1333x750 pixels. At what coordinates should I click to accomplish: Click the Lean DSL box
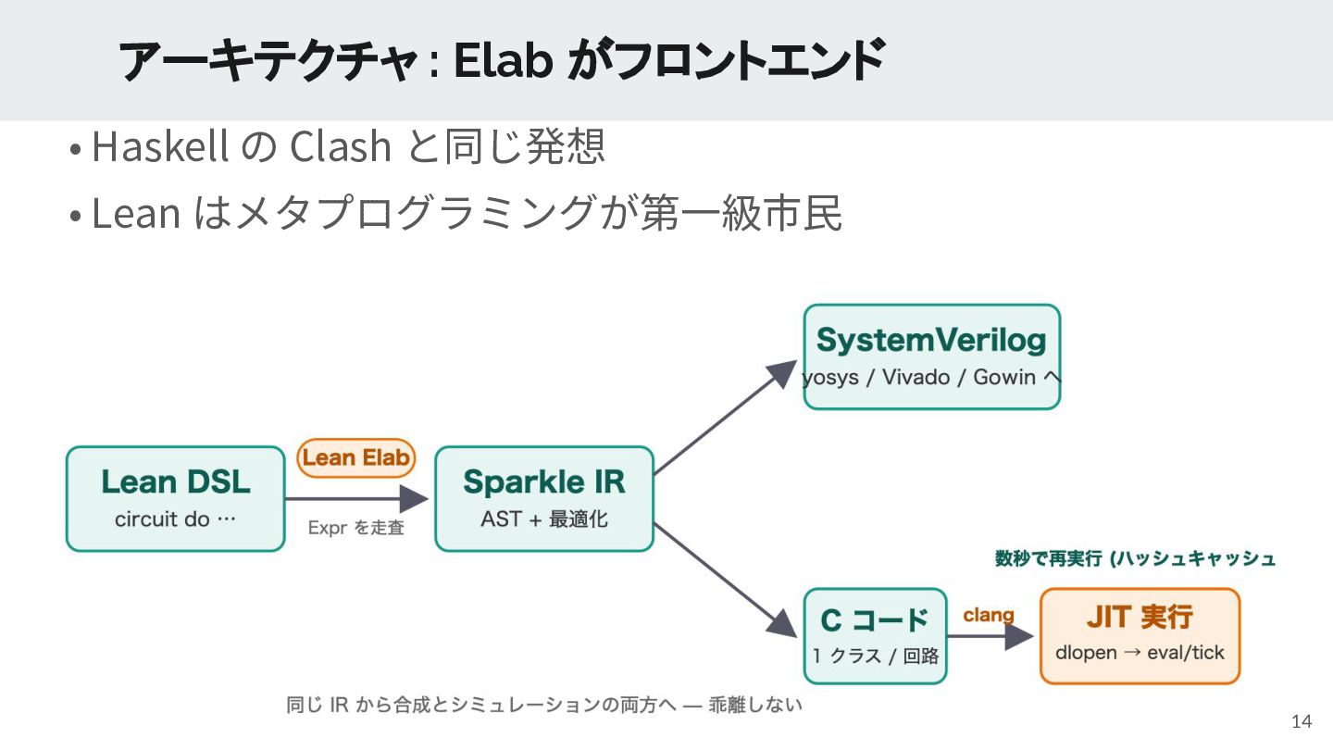pyautogui.click(x=176, y=499)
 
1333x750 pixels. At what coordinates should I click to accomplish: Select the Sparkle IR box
pyautogui.click(x=544, y=499)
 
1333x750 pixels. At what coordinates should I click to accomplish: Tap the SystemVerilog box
pyautogui.click(x=932, y=356)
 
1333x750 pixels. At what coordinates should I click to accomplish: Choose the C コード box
pyautogui.click(x=875, y=636)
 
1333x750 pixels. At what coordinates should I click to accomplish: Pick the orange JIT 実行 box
pyautogui.click(x=1140, y=636)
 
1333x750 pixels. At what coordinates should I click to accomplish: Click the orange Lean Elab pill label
pyautogui.click(x=355, y=457)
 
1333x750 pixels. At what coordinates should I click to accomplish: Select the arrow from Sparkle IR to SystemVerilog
pyautogui.click(x=726, y=417)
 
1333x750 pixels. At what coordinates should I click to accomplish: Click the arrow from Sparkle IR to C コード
pyautogui.click(x=726, y=581)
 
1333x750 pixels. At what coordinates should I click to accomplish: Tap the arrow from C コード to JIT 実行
pyautogui.click(x=990, y=636)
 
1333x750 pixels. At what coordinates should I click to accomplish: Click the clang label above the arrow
pyautogui.click(x=989, y=615)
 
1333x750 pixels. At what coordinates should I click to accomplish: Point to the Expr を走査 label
pyautogui.click(x=355, y=528)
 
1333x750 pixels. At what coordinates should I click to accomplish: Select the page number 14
pyautogui.click(x=1302, y=721)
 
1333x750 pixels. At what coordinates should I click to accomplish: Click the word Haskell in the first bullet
pyautogui.click(x=159, y=146)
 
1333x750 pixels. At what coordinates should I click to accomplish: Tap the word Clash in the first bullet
pyautogui.click(x=341, y=146)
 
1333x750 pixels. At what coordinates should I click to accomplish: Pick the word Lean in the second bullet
pyautogui.click(x=136, y=213)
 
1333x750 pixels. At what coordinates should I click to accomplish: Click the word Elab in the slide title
pyautogui.click(x=504, y=60)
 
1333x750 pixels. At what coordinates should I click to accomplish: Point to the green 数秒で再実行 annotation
pyautogui.click(x=1049, y=558)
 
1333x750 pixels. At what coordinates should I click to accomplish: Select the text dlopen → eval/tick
pyautogui.click(x=1140, y=653)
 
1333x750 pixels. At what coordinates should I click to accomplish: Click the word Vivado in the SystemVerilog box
pyautogui.click(x=916, y=377)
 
